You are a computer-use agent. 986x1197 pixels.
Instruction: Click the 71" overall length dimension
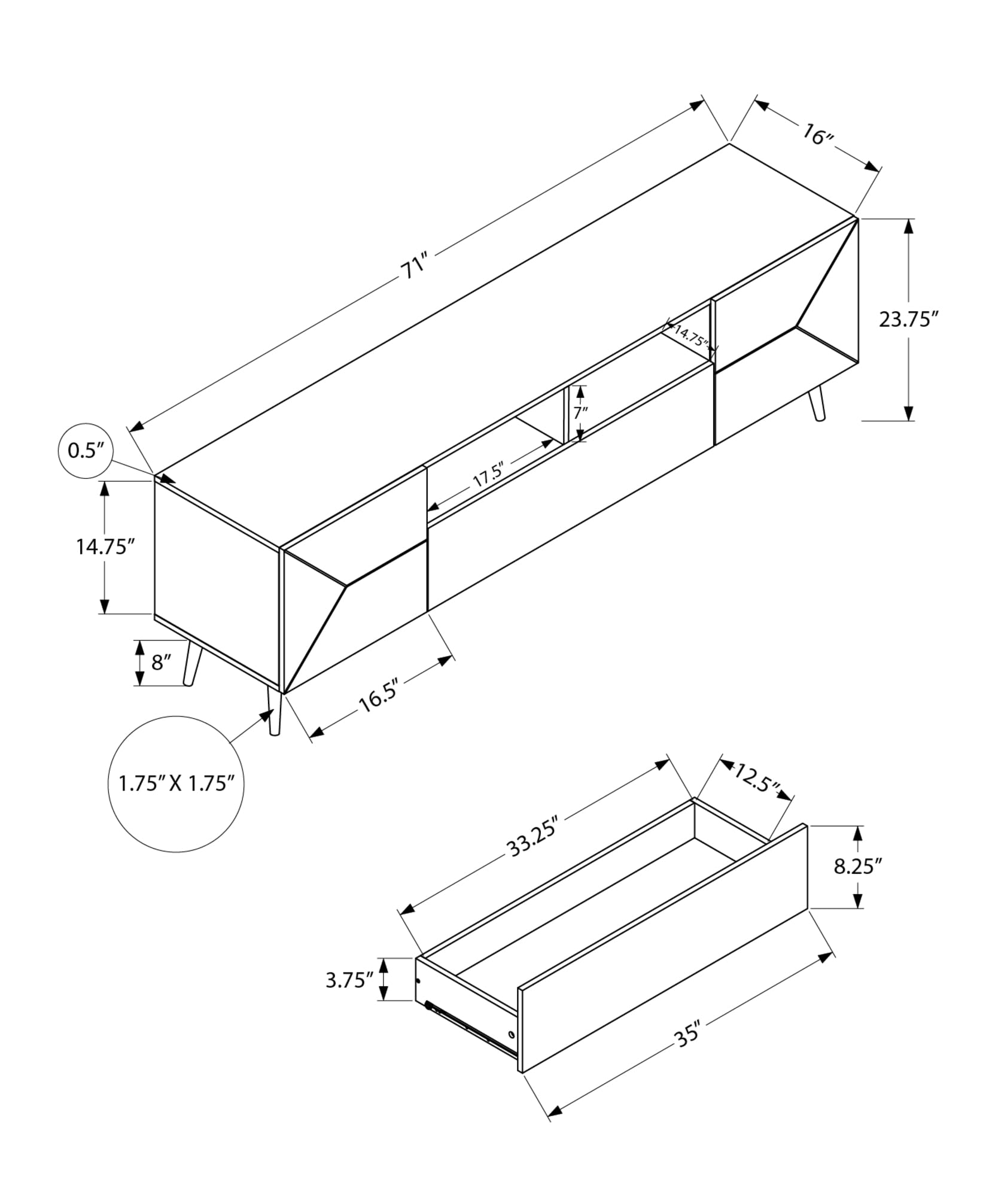pos(414,267)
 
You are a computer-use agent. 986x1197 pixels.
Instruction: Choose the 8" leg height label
pos(162,663)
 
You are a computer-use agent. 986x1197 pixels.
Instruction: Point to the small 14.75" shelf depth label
pos(690,338)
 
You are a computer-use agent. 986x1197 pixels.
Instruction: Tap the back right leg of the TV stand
pos(817,404)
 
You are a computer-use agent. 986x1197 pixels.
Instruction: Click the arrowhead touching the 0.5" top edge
pos(168,479)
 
